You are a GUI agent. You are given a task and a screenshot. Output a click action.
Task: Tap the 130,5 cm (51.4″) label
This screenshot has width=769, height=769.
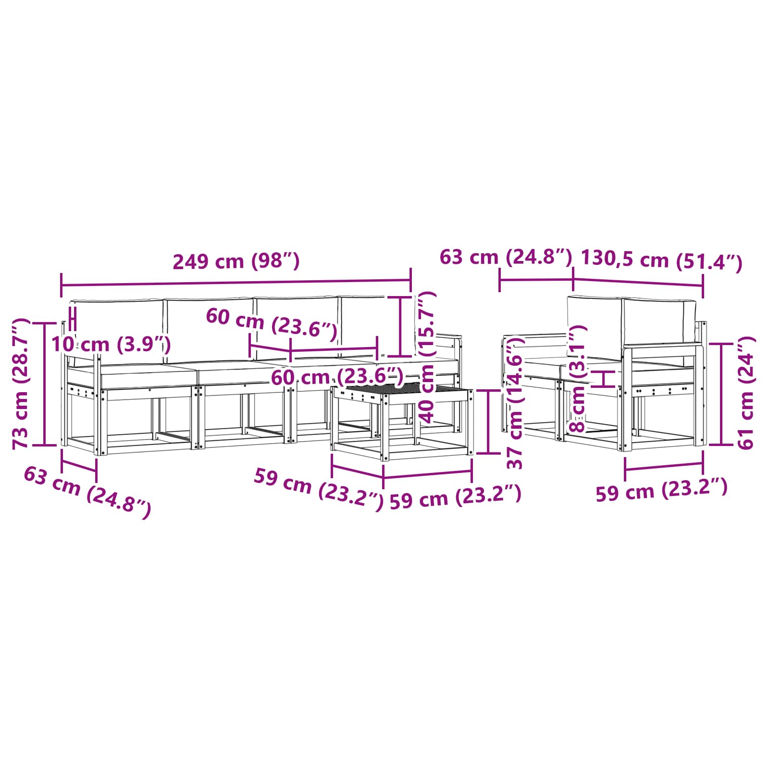click(x=662, y=260)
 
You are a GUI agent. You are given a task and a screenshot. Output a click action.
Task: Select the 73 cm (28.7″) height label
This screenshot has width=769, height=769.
click(x=21, y=383)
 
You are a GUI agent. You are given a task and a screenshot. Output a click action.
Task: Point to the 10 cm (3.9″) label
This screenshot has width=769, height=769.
click(x=111, y=344)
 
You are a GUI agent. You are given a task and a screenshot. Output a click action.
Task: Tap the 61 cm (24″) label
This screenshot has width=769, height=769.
click(x=746, y=393)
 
